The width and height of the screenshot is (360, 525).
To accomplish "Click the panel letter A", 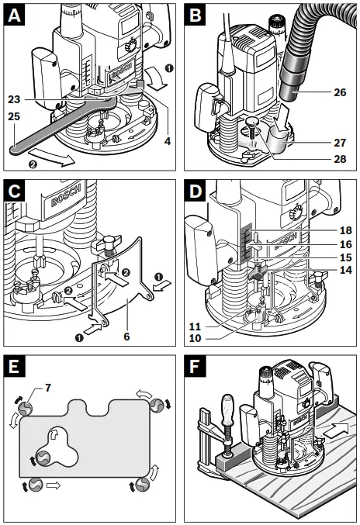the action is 14,15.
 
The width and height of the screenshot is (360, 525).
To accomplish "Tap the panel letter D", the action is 196,192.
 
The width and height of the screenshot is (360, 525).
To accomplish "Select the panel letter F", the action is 195,367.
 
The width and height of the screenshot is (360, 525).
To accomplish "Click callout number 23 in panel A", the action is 15,99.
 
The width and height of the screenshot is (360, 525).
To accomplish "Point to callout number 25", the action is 15,116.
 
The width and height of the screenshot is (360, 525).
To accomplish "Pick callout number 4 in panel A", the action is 167,141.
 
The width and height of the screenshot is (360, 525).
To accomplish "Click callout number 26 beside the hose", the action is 340,92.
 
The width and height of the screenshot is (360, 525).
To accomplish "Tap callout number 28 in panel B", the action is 340,158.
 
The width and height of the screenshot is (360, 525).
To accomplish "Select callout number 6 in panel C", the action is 126,337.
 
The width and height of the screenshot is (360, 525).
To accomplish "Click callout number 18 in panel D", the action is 346,230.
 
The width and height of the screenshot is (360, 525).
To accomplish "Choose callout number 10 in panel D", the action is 195,338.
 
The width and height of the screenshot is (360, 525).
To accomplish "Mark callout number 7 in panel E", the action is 48,388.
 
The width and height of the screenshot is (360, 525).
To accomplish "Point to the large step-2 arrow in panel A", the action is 52,158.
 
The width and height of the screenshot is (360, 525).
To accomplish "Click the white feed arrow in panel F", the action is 337,430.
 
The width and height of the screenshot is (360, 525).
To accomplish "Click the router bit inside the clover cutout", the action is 43,458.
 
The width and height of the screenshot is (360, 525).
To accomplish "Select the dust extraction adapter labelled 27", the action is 279,142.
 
